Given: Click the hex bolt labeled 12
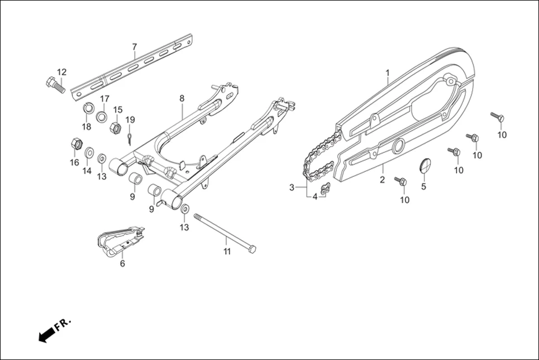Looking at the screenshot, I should pyautogui.click(x=54, y=85).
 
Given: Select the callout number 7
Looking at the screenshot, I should pyautogui.click(x=134, y=46).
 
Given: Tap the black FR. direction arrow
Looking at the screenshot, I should pyautogui.click(x=46, y=334).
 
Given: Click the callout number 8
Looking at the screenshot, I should pyautogui.click(x=182, y=98).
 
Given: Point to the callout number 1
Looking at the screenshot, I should pyautogui.click(x=387, y=73).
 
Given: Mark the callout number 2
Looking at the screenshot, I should pyautogui.click(x=382, y=180).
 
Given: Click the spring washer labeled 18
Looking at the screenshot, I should pyautogui.click(x=88, y=108).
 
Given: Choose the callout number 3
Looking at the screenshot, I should pyautogui.click(x=292, y=187).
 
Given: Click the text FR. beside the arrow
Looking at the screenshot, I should pyautogui.click(x=64, y=323).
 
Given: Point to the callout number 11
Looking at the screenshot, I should pyautogui.click(x=226, y=252).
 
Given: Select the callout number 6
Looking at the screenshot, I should pyautogui.click(x=122, y=263).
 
